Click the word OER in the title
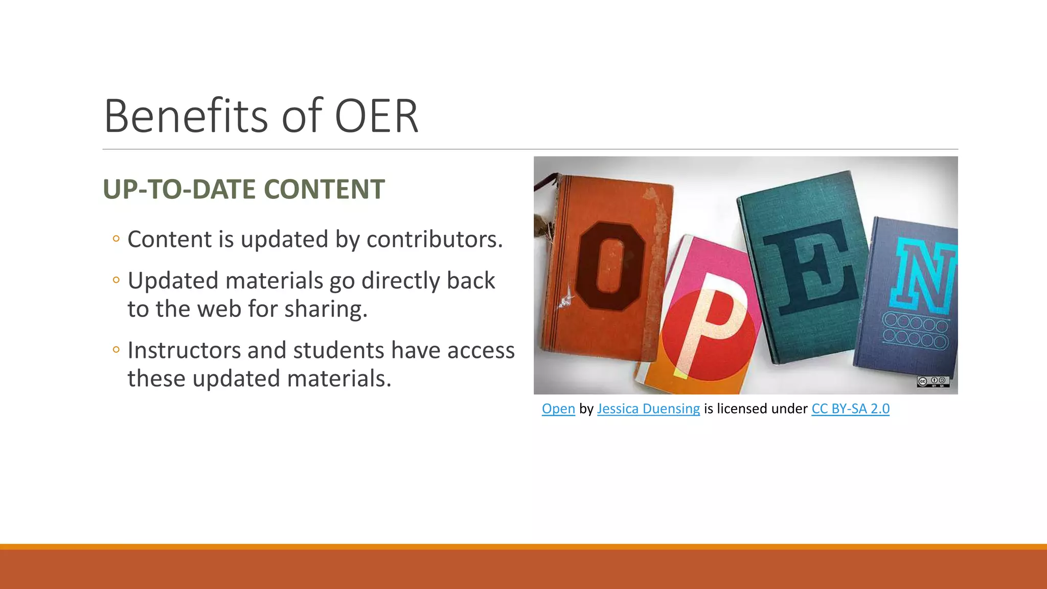coord(376,117)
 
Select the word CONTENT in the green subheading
coord(324,189)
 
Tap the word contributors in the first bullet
coord(435,239)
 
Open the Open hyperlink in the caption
coord(558,409)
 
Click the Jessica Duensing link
coord(648,409)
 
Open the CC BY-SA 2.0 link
coord(850,409)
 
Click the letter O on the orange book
coord(609,266)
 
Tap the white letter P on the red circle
coord(711,327)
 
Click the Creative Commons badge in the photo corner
coord(933,381)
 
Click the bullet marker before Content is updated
coord(116,239)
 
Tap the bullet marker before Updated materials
coord(116,280)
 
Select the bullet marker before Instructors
coord(116,350)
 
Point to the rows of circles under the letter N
coord(915,331)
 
